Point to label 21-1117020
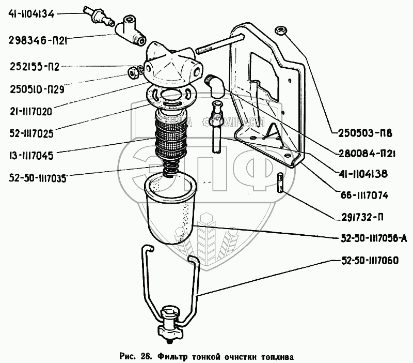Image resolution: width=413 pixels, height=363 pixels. coord(34,110)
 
